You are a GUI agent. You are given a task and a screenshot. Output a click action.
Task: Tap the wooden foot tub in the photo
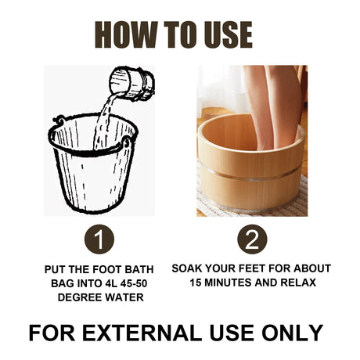[x=250, y=168]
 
